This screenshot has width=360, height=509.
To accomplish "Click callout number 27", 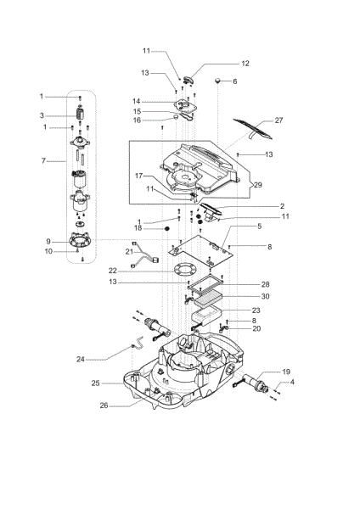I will (x=278, y=120).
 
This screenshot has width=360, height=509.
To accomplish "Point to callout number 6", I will (x=235, y=81).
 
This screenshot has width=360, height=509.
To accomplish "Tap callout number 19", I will (x=286, y=372).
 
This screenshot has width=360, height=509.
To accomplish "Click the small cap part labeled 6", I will (x=218, y=81).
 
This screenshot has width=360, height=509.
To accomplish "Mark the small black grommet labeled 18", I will (x=168, y=228).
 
